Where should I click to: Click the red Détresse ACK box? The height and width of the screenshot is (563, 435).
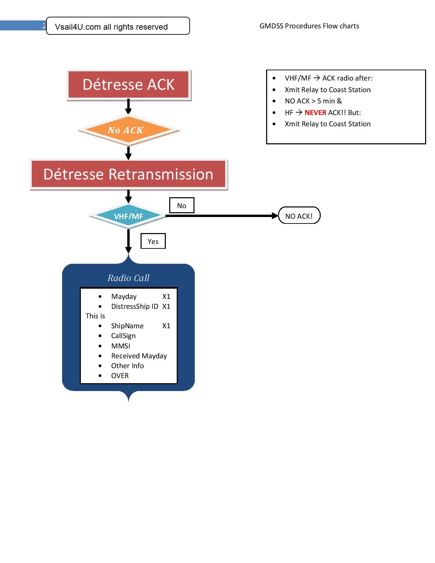(129, 85)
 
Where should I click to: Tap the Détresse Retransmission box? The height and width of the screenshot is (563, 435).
(129, 174)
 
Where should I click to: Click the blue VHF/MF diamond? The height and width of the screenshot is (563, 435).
(128, 216)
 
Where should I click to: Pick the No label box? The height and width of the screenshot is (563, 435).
(182, 205)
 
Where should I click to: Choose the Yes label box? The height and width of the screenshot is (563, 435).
(153, 241)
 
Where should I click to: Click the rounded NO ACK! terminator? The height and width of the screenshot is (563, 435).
(299, 216)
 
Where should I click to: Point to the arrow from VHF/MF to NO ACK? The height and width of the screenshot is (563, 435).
(222, 216)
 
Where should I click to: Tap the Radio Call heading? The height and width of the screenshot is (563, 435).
(128, 278)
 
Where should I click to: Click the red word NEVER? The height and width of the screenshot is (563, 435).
(315, 113)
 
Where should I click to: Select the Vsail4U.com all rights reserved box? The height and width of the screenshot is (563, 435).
(118, 26)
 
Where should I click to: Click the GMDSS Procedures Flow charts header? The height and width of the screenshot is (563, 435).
(309, 26)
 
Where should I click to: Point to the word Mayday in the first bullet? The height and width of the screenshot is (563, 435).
(124, 297)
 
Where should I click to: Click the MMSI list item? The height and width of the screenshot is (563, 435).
(120, 346)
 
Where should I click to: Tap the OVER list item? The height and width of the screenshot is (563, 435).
(120, 376)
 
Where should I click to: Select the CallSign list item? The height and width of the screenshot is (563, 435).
(123, 336)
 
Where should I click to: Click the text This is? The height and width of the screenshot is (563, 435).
(95, 316)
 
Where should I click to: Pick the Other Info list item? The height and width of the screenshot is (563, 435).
(127, 366)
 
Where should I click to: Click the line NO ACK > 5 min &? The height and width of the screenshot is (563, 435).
(313, 101)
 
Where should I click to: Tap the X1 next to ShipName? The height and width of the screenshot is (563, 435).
(166, 326)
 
